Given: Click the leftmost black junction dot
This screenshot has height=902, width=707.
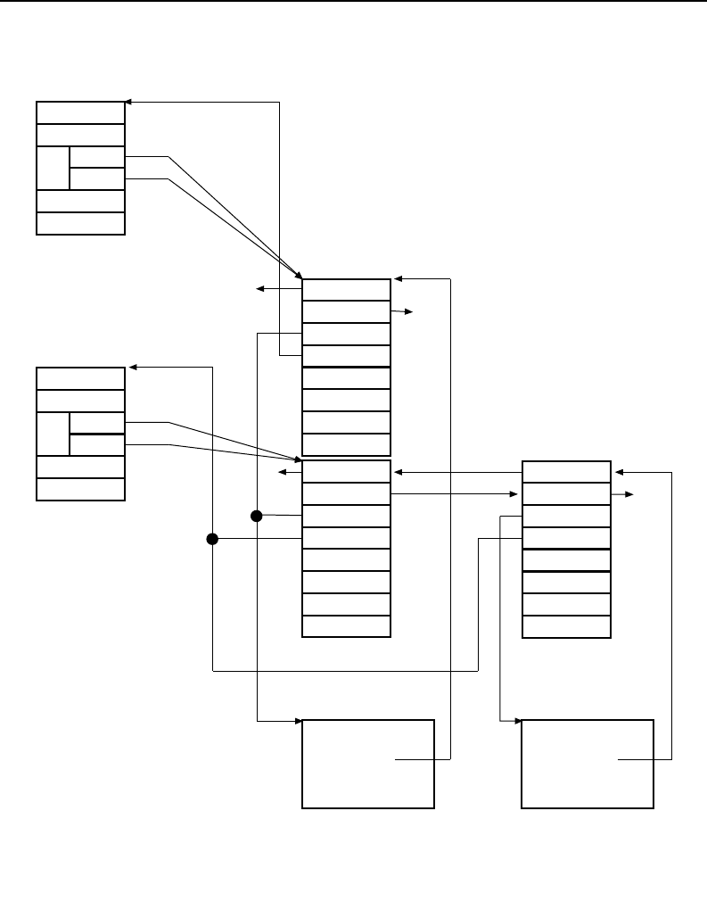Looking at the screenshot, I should tap(212, 538).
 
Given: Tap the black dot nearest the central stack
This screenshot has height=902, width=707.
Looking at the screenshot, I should tap(257, 516).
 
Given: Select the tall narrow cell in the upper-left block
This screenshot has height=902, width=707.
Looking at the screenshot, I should tap(53, 168).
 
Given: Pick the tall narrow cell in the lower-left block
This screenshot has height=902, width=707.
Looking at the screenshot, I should tap(53, 434).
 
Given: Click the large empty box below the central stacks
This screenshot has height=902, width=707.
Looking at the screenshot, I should tap(368, 763).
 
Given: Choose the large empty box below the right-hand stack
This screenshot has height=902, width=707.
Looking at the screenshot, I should tap(588, 763).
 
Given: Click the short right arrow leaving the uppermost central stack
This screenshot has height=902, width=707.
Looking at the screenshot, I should tap(402, 311).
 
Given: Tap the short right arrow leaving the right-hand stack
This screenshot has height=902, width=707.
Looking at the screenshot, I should tap(623, 493).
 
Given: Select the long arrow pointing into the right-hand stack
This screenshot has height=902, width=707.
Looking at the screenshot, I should tap(455, 493).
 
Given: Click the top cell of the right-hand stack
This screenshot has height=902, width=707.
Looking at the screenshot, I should tap(566, 471).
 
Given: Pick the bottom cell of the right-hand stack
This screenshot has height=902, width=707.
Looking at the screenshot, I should tap(566, 626).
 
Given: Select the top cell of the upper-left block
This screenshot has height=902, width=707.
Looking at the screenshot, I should tap(80, 112).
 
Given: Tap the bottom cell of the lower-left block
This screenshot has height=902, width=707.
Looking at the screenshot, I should tap(80, 489).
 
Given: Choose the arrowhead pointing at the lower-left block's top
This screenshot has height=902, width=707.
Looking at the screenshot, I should tap(132, 367).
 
